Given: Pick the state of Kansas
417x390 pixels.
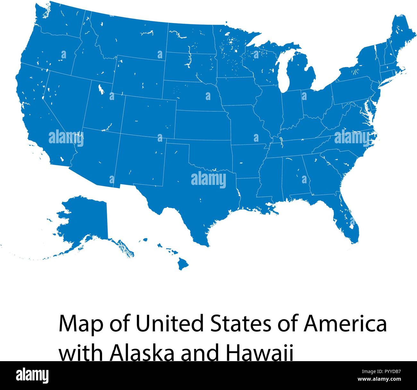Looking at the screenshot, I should point(202,125).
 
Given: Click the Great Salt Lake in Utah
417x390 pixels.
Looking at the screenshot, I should point(101,89).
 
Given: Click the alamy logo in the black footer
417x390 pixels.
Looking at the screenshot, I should point(32,375).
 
